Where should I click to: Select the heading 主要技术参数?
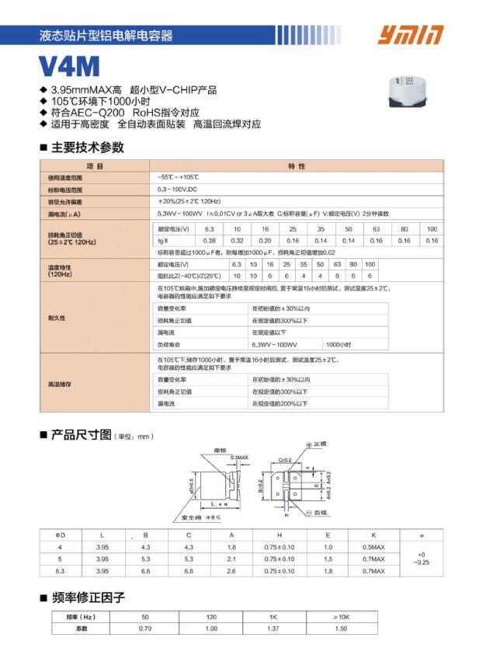[x=87, y=148]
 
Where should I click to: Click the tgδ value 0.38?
[x=209, y=241]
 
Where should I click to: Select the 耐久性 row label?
[x=57, y=319]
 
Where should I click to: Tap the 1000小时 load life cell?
[x=339, y=343]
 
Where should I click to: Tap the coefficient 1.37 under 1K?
[x=273, y=628]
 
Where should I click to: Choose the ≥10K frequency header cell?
[x=341, y=616]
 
